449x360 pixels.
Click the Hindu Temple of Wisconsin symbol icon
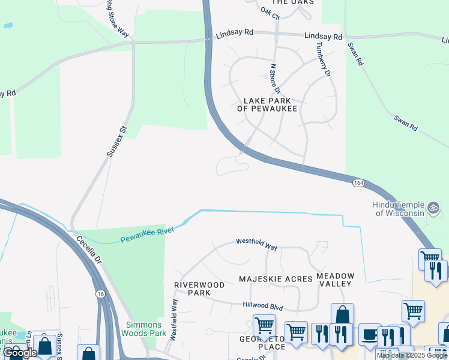(434, 209)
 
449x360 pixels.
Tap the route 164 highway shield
(358, 182)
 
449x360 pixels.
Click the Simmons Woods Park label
(144, 329)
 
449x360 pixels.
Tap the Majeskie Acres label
(276, 279)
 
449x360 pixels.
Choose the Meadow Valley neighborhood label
(336, 280)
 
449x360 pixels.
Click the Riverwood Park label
(199, 289)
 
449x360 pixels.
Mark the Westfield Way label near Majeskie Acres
(256, 244)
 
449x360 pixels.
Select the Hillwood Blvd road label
(262, 306)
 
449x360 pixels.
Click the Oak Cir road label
(271, 13)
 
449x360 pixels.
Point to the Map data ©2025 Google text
(412, 355)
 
